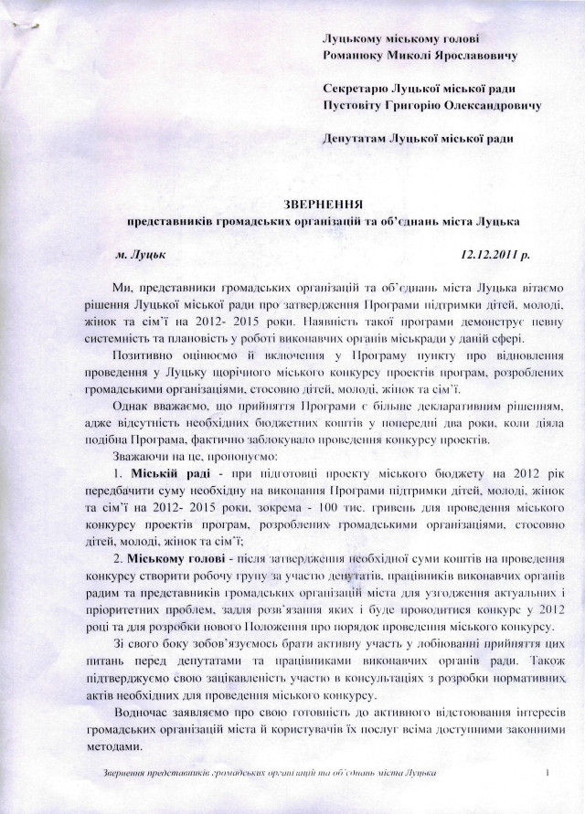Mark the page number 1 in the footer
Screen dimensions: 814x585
point(544,775)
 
